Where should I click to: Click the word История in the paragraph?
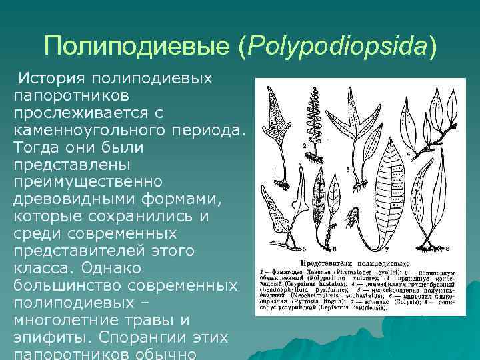click(54, 79)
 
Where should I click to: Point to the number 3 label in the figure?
click(348, 171)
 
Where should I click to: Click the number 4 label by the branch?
click(426, 155)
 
